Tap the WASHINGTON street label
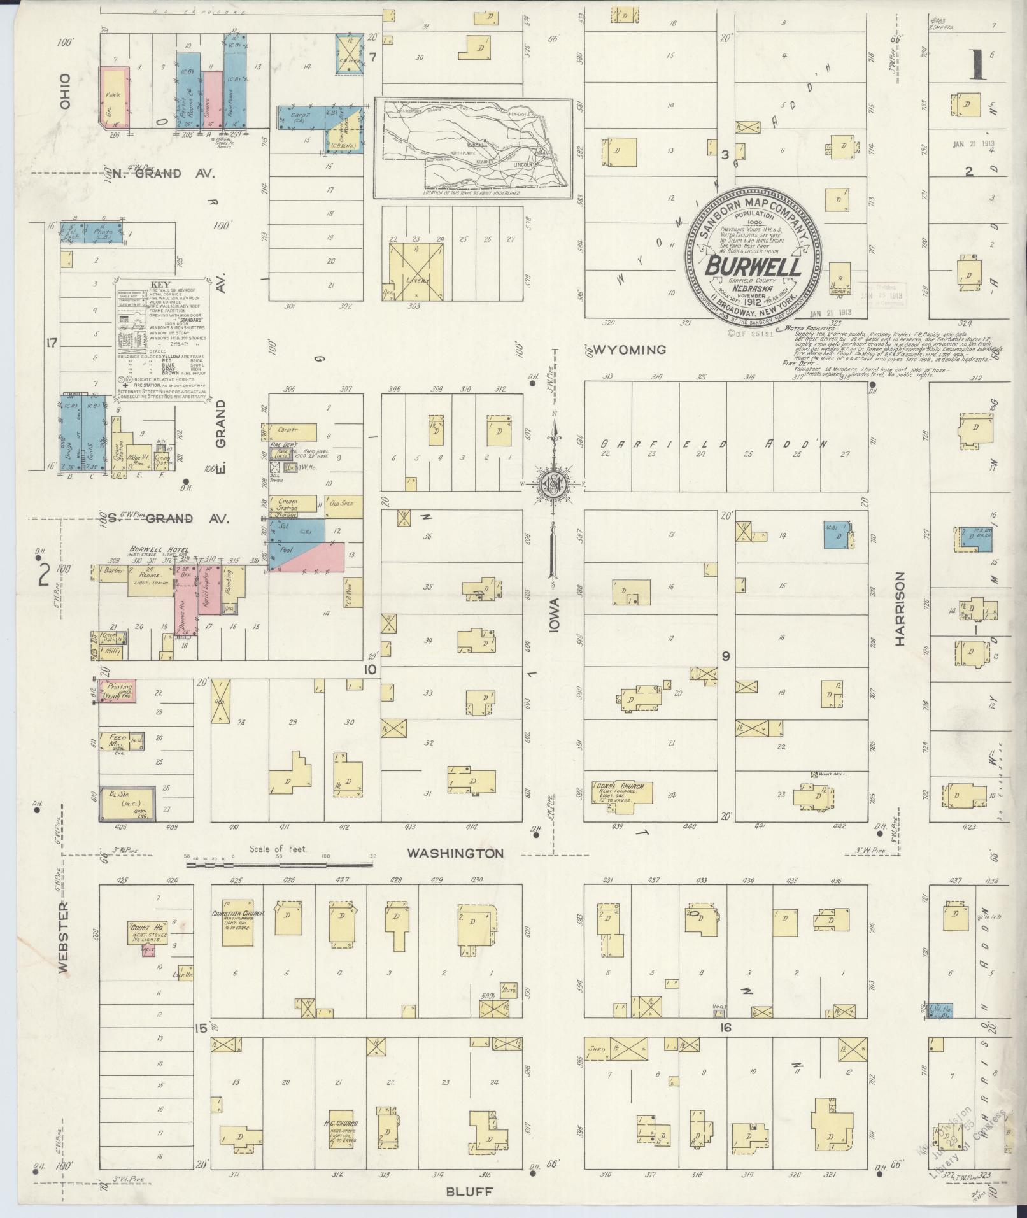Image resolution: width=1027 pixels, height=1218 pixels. pyautogui.click(x=455, y=853)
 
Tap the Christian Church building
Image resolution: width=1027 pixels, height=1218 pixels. pyautogui.click(x=235, y=923)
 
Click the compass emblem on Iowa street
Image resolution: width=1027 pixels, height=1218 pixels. pyautogui.click(x=553, y=484)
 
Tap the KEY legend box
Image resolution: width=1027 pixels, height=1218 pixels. pyautogui.click(x=162, y=340)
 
